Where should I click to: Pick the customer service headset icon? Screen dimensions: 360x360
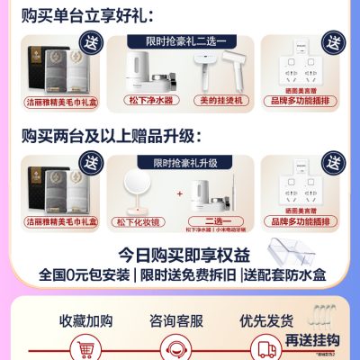pos(179,349)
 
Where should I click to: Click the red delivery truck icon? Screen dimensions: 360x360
pos(267,349)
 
